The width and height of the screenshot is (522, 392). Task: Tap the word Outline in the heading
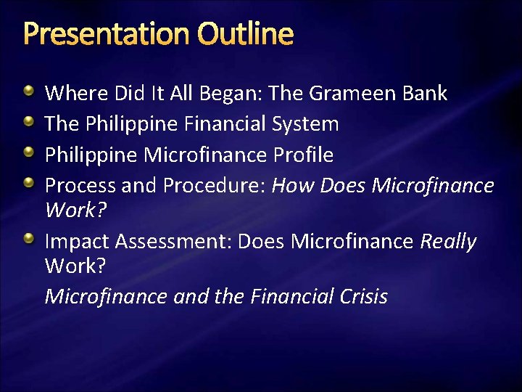[245, 34]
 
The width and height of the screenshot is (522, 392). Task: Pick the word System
[307, 124]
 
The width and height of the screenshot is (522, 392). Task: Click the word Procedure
[215, 186]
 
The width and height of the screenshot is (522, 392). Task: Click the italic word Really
[448, 241]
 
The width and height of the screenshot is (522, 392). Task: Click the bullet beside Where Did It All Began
[29, 92]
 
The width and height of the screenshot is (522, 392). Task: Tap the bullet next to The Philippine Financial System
[29, 123]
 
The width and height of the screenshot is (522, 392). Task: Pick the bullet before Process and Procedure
[29, 184]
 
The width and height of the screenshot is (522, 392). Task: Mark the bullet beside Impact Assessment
[29, 240]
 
